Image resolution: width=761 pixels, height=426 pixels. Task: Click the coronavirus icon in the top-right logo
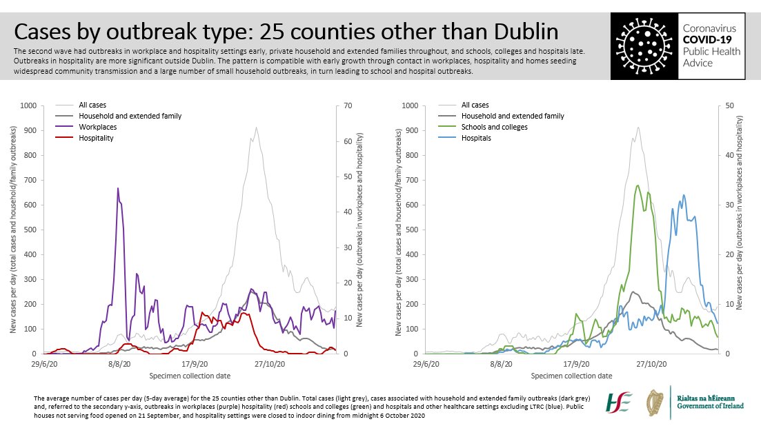pyautogui.click(x=644, y=43)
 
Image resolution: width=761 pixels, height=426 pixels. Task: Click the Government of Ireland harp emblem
pyautogui.click(x=656, y=403)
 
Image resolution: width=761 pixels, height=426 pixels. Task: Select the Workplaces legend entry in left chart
pyautogui.click(x=97, y=127)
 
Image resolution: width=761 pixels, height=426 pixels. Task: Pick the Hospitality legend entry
pyautogui.click(x=96, y=138)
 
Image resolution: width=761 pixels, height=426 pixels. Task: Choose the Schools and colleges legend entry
pyautogui.click(x=495, y=127)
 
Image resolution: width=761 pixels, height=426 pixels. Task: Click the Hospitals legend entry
pyautogui.click(x=477, y=138)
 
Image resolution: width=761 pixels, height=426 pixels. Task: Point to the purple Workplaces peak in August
pyautogui.click(x=118, y=188)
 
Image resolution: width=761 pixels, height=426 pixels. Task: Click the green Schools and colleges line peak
pyautogui.click(x=638, y=185)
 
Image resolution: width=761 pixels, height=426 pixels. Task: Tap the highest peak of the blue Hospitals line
pyautogui.click(x=684, y=195)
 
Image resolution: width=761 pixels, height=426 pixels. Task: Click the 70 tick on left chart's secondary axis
pyautogui.click(x=339, y=105)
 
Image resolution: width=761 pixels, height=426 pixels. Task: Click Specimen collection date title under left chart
pyautogui.click(x=190, y=376)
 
